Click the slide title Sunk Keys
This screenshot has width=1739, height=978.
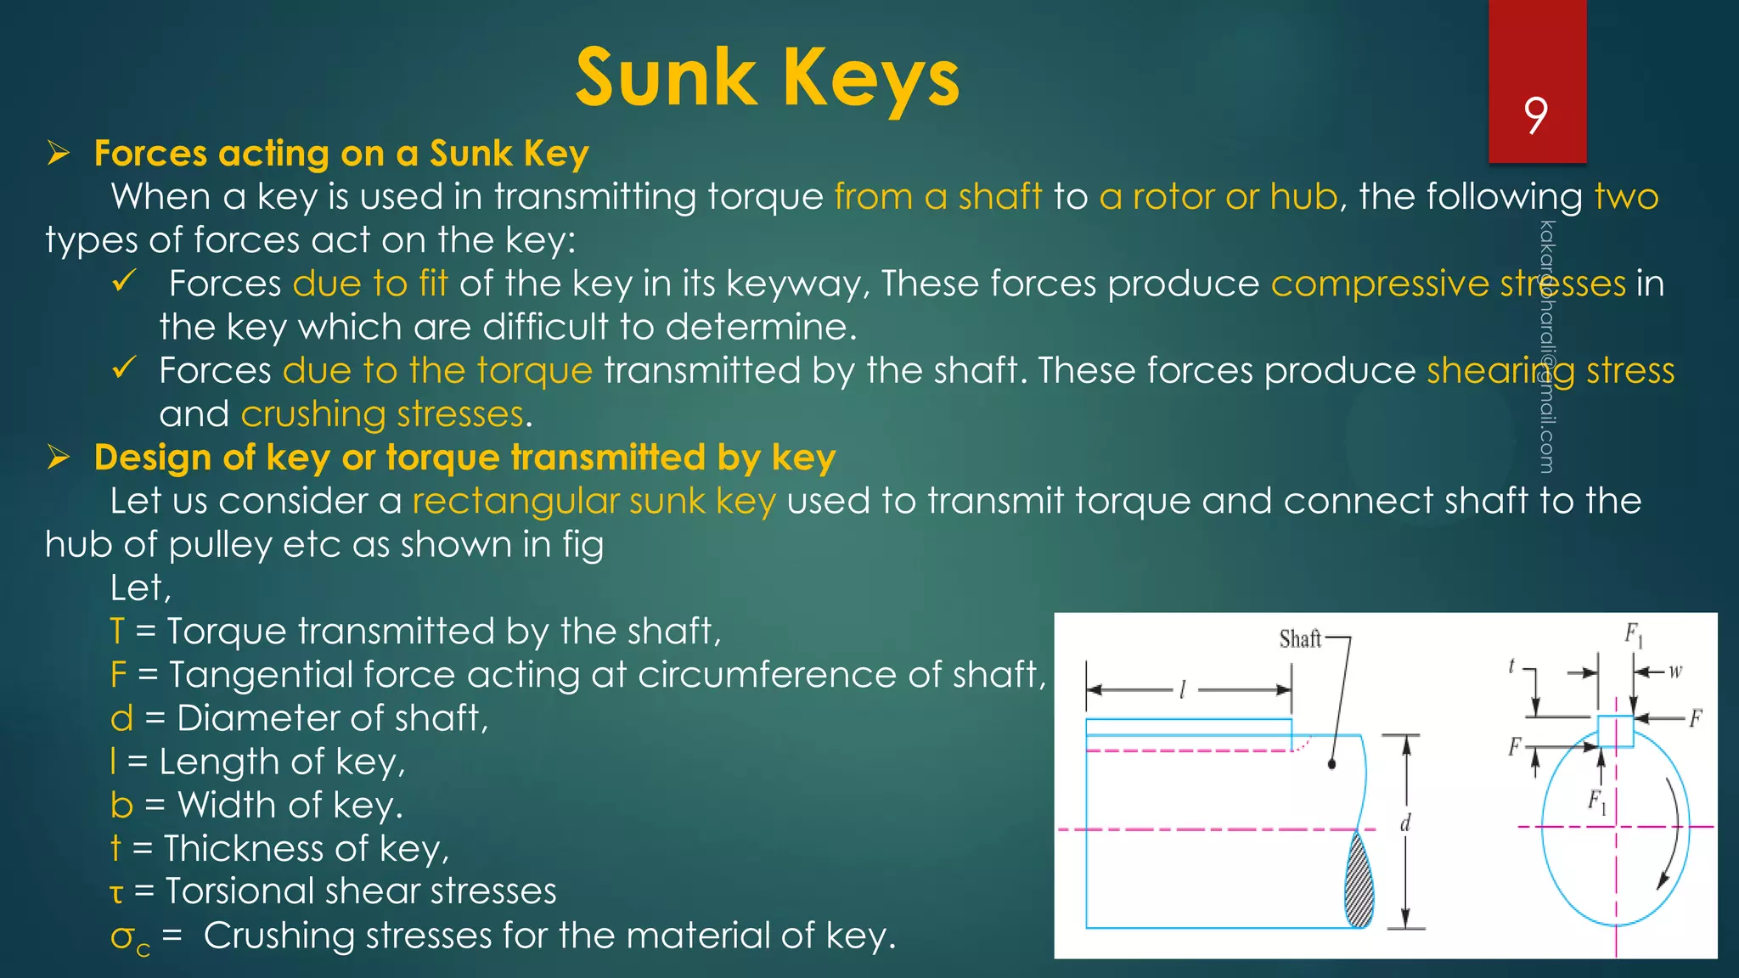point(768,78)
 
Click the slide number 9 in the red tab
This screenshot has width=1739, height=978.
point(1535,115)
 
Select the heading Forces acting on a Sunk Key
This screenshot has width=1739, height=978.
point(340,154)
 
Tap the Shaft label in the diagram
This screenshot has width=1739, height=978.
point(1300,638)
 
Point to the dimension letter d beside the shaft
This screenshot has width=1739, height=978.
point(1405,823)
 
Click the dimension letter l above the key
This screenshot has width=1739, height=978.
point(1182,690)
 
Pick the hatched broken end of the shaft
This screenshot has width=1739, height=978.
point(1359,883)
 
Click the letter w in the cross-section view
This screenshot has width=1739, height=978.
point(1675,672)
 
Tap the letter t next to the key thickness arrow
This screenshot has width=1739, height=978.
point(1511,666)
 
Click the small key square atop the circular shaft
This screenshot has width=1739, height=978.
point(1615,731)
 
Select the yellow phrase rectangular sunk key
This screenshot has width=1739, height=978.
point(594,501)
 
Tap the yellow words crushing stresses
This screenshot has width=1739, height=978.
point(382,414)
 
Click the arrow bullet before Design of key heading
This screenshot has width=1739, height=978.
point(59,458)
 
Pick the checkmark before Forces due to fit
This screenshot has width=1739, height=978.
point(124,281)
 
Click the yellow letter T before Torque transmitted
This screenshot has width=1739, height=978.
point(117,632)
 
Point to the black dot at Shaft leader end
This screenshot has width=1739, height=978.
point(1331,764)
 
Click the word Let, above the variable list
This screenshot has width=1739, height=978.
point(140,588)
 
